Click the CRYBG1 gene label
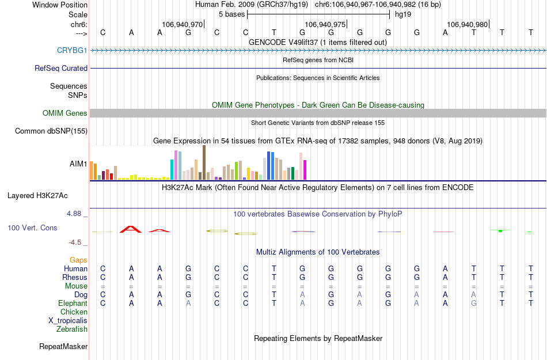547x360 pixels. click(72, 51)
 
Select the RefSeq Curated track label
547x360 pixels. click(61, 68)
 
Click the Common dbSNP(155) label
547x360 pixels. click(51, 131)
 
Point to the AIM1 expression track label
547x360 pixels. click(78, 164)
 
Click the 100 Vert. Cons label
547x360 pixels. click(32, 228)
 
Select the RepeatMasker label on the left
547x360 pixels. click(63, 347)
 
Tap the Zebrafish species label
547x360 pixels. click(72, 329)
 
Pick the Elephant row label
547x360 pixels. click(73, 304)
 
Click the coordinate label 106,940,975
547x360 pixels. click(325, 25)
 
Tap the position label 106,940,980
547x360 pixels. click(468, 25)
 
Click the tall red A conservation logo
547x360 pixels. click(131, 229)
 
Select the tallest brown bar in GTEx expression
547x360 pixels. click(204, 162)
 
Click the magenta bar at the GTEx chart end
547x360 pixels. click(305, 169)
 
